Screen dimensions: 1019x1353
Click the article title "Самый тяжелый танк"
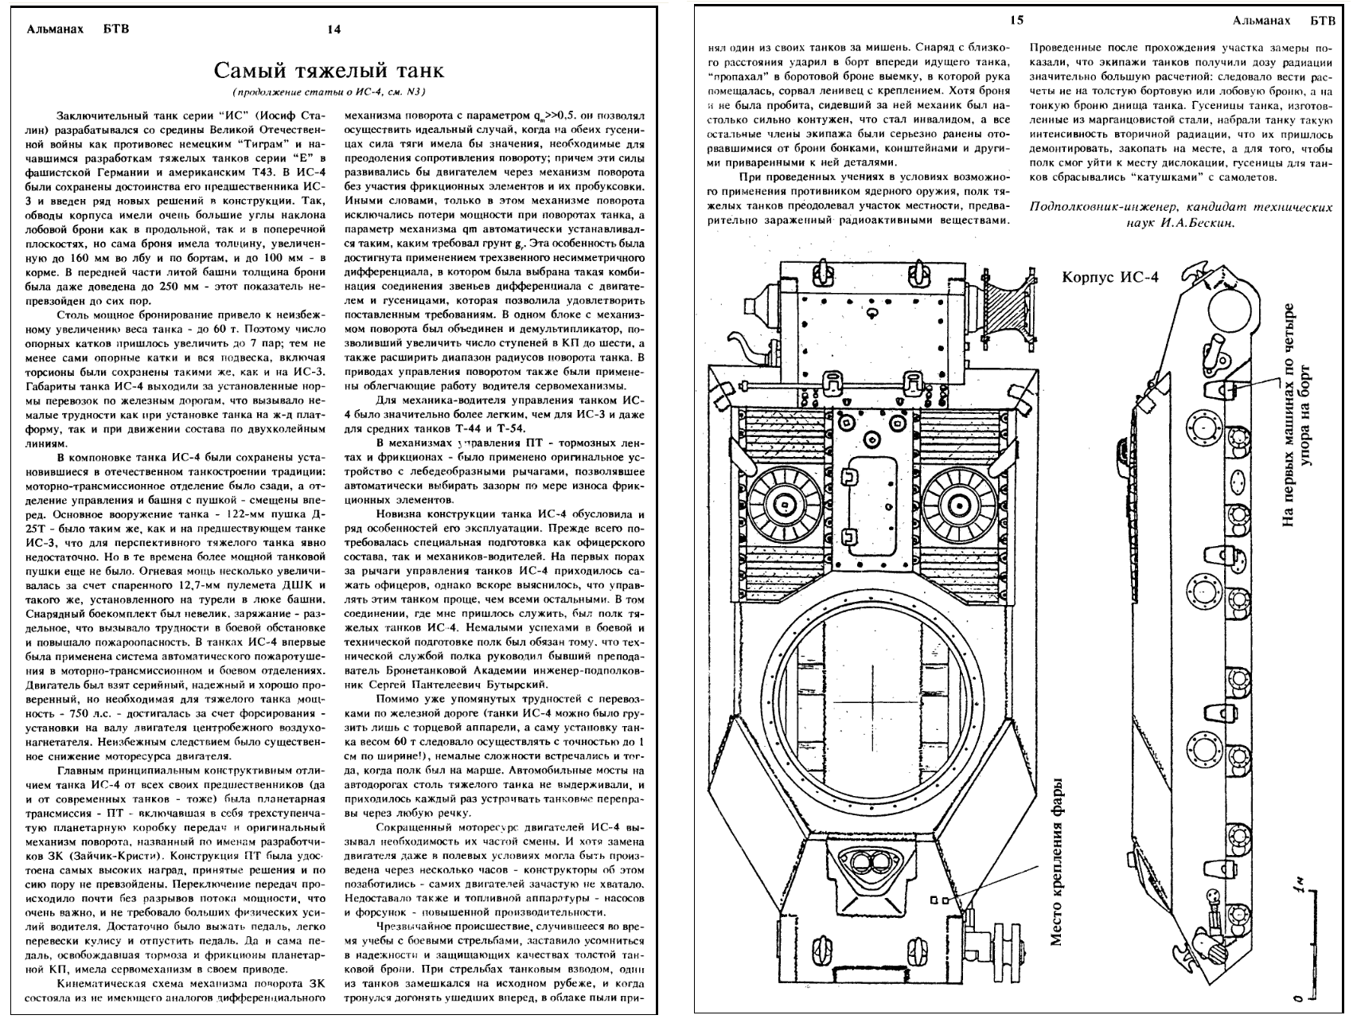(x=329, y=71)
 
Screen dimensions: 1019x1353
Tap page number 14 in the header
(x=334, y=29)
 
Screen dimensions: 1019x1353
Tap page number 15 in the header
(x=1017, y=20)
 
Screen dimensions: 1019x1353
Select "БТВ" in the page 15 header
(x=1320, y=20)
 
